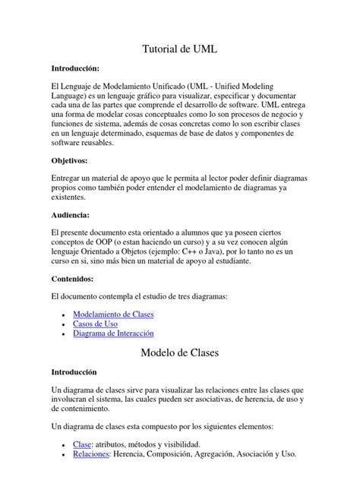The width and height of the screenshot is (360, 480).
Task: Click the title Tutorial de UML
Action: (x=180, y=49)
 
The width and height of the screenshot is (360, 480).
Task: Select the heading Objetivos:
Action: (x=70, y=161)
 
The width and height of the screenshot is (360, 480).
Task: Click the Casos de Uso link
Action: (x=95, y=324)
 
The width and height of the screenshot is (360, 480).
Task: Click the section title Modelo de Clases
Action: (x=180, y=353)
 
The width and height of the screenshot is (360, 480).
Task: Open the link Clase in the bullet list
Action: (x=81, y=444)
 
